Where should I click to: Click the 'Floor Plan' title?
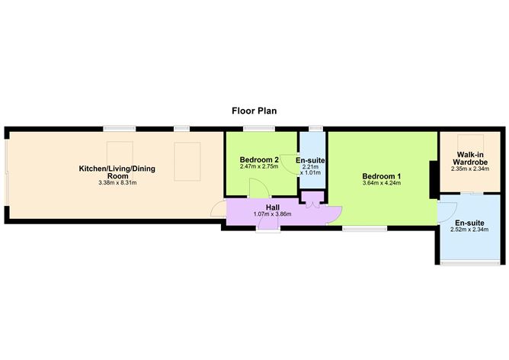coord(254,111)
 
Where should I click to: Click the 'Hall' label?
coord(271,207)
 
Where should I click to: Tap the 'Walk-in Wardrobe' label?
coord(469,159)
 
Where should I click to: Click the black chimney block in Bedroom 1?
coord(434,177)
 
